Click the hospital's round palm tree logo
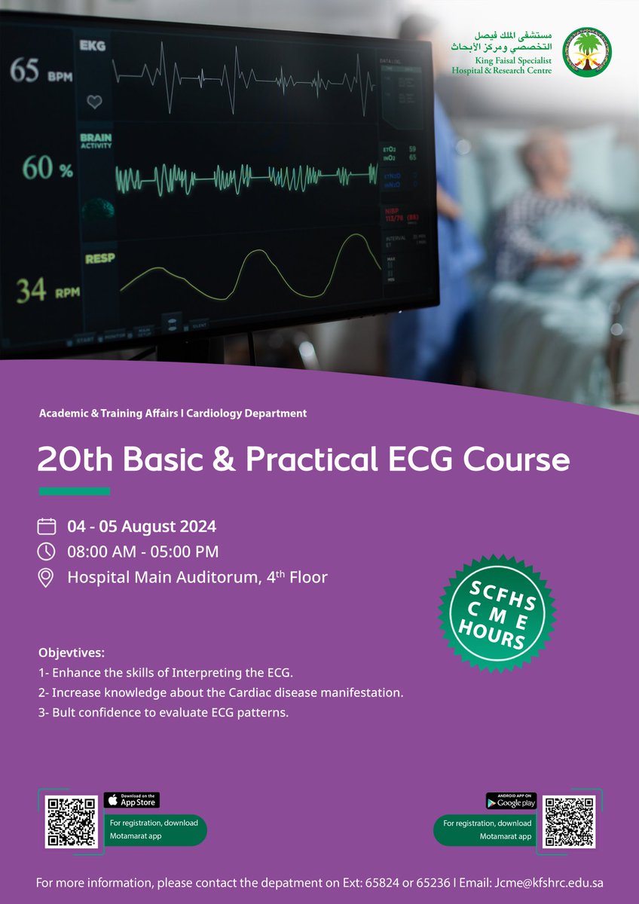click(x=588, y=53)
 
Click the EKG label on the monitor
click(x=93, y=47)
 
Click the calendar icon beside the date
click(x=47, y=526)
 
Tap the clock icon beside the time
click(x=47, y=551)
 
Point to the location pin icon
click(x=47, y=578)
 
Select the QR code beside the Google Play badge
click(x=569, y=821)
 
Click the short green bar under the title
click(x=74, y=492)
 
